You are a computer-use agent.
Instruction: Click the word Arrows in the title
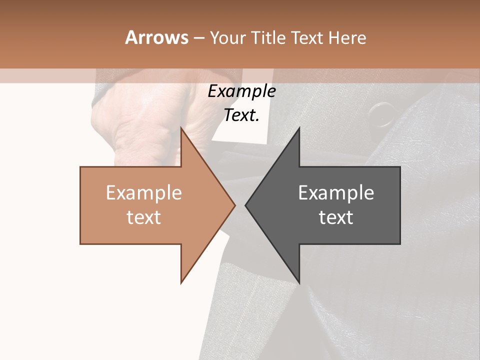(156, 37)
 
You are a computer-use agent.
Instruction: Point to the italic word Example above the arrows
(241, 91)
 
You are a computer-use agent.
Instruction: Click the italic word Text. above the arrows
(241, 115)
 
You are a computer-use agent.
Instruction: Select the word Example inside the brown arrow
(144, 193)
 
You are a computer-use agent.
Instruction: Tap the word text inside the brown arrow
(144, 217)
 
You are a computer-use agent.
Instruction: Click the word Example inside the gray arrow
(336, 193)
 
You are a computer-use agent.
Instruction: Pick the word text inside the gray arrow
(336, 217)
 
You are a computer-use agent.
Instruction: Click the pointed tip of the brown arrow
(234, 205)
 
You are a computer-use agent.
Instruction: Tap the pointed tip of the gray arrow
(245, 205)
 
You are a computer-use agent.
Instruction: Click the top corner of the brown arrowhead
(181, 128)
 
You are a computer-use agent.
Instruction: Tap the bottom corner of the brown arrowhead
(181, 283)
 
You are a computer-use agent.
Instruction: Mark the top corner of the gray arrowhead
(299, 128)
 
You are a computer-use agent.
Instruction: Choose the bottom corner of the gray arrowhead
(299, 283)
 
